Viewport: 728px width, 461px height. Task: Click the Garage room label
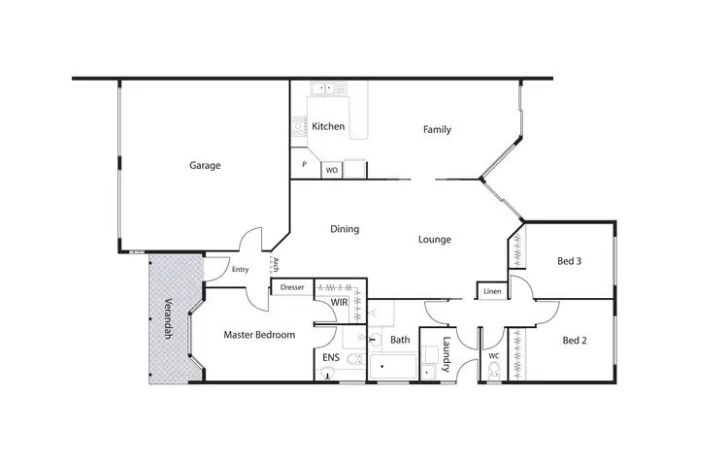point(205,165)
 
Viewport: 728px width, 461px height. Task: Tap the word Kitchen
point(328,126)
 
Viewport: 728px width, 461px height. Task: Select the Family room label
point(437,130)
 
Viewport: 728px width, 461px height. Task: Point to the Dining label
point(345,230)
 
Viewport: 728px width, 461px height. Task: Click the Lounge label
point(435,239)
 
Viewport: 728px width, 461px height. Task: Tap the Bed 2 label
point(575,341)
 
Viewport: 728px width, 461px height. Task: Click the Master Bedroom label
point(259,336)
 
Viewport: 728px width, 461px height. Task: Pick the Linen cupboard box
point(492,290)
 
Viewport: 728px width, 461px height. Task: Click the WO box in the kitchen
point(331,170)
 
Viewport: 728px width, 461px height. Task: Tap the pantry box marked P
point(304,166)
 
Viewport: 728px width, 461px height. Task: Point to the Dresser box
point(292,287)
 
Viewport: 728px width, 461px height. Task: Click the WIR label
point(339,304)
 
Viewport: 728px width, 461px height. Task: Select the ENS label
point(331,358)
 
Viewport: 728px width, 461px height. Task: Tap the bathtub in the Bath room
point(392,369)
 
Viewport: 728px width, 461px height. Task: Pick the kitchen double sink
point(331,90)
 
